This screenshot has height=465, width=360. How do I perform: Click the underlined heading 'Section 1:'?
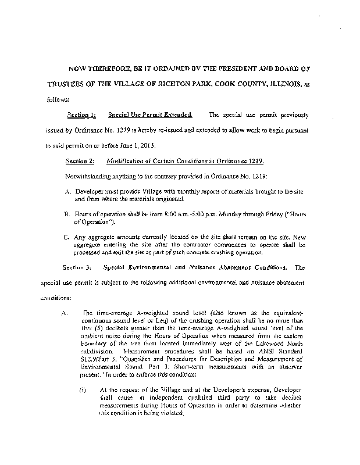click(81, 116)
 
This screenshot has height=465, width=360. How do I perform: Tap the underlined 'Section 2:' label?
click(80, 160)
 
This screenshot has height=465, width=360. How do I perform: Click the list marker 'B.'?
click(67, 214)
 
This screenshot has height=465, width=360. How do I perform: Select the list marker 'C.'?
click(67, 237)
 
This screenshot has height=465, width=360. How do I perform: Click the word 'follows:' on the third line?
click(58, 99)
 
